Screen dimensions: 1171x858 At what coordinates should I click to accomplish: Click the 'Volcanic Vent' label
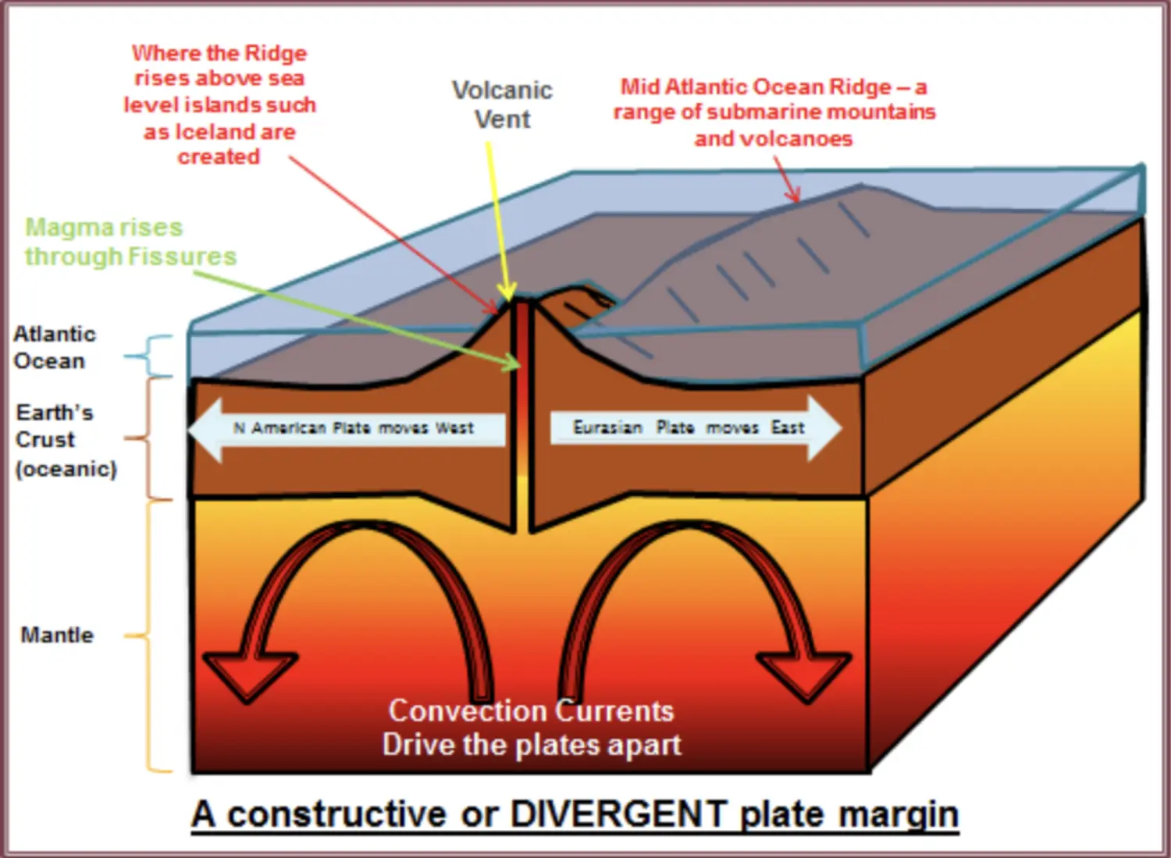tap(502, 105)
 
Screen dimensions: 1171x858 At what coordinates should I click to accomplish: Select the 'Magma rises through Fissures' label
tap(130, 242)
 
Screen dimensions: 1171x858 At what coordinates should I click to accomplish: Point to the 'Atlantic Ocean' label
tap(55, 347)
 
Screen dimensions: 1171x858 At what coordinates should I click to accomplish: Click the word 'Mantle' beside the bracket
tap(57, 635)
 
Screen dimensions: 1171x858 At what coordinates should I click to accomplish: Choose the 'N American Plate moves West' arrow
tap(347, 429)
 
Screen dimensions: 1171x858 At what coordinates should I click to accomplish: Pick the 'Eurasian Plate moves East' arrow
tap(696, 428)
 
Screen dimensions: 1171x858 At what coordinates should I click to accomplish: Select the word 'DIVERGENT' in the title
tap(619, 813)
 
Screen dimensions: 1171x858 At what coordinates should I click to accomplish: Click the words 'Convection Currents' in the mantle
tap(531, 711)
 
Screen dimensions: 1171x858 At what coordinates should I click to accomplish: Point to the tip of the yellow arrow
tap(507, 301)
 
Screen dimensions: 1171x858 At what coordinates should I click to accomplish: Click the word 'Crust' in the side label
tap(45, 440)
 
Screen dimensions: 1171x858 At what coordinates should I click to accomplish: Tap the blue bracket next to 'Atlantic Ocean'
tap(149, 356)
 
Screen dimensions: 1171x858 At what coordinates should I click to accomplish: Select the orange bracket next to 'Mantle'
tap(149, 636)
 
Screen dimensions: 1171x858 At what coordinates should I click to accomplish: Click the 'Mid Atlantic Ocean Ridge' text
tap(756, 87)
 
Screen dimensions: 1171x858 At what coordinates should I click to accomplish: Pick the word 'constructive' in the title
tap(338, 813)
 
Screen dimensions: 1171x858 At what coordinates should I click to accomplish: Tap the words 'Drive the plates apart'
tap(531, 744)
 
